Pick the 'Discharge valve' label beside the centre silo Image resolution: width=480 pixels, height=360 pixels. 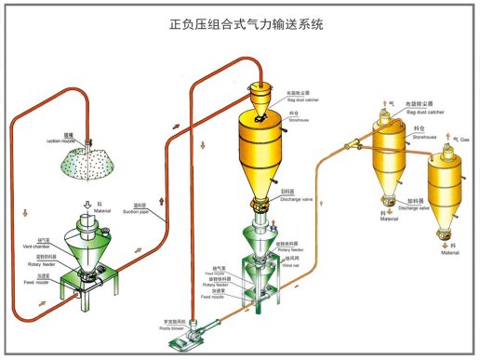pos(294,198)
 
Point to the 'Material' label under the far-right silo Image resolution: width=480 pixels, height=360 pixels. pos(449,253)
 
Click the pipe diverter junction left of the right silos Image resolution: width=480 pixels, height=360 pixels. pos(351,144)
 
